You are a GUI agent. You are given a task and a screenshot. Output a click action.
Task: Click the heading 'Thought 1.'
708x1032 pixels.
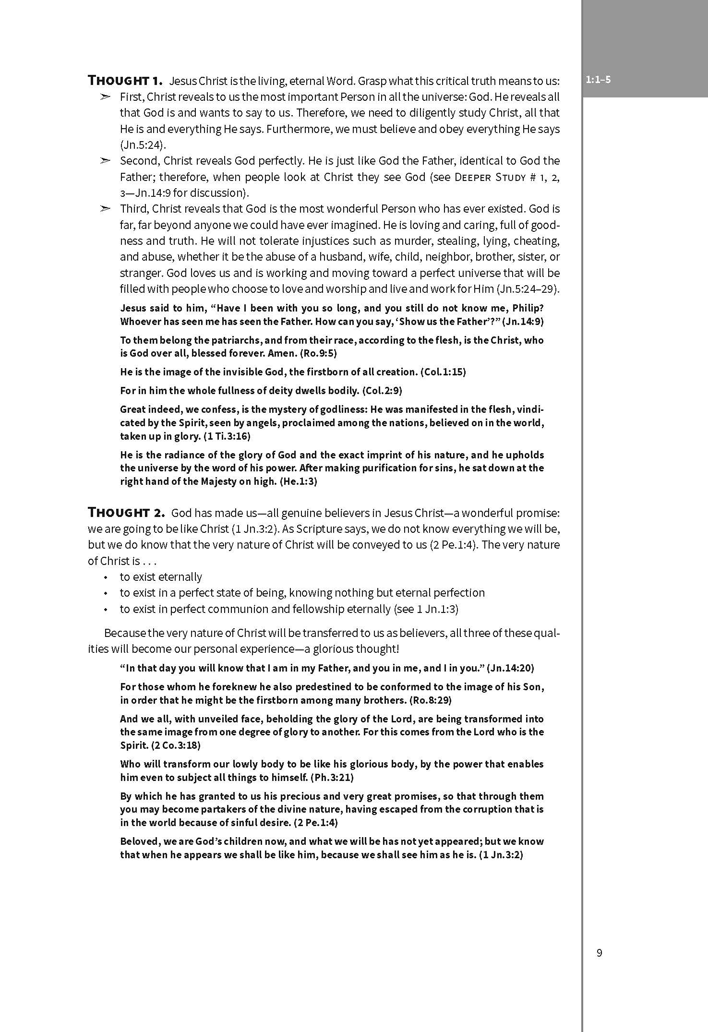click(x=126, y=80)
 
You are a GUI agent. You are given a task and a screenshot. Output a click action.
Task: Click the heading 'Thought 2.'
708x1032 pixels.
click(x=126, y=513)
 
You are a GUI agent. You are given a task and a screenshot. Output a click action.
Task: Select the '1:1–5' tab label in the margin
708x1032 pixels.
click(x=598, y=80)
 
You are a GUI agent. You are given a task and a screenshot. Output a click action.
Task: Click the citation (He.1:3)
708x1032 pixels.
click(x=298, y=481)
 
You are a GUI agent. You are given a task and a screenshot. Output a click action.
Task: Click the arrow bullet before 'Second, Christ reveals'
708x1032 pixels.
click(x=106, y=161)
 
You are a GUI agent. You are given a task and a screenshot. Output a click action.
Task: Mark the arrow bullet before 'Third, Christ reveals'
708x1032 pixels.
click(x=106, y=209)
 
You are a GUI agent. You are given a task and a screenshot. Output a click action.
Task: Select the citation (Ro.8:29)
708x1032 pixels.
click(x=431, y=700)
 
